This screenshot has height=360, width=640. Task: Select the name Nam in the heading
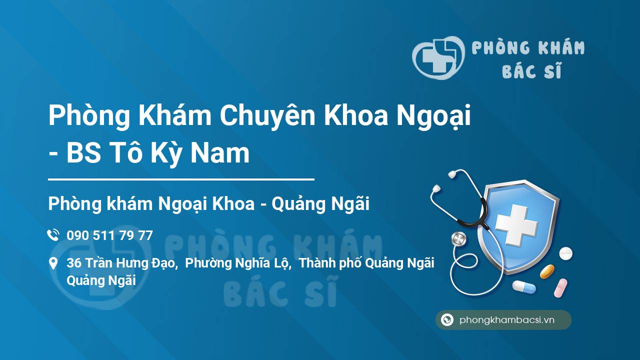point(220,153)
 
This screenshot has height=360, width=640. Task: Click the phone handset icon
point(53,235)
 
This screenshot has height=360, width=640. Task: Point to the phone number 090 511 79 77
point(109,235)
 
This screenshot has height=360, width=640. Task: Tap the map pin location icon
point(53,263)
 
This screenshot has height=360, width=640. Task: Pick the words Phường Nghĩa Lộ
point(237,263)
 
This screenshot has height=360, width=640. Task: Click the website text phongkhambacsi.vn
point(507,319)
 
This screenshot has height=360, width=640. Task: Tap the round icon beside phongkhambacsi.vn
point(447,319)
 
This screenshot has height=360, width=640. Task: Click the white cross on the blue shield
point(516,225)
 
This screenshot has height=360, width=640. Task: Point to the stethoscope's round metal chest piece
point(458,238)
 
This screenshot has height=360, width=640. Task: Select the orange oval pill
point(547,271)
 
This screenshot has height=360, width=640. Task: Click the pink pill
point(560,287)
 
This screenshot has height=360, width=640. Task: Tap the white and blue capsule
point(524,286)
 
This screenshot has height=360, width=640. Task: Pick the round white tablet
point(565,253)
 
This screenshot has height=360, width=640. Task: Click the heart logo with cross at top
point(438,57)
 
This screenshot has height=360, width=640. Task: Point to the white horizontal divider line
point(181,179)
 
